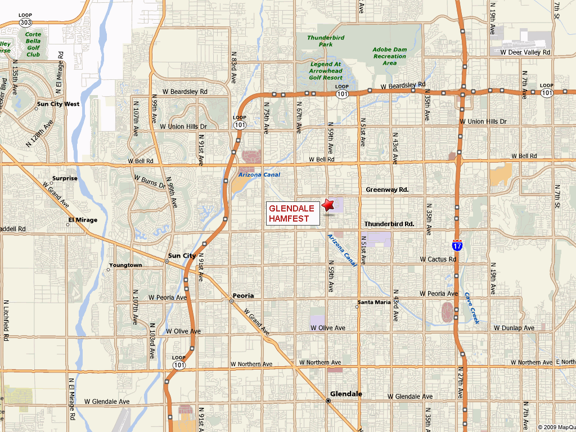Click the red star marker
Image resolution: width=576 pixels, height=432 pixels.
328,205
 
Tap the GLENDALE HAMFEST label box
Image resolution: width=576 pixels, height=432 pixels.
291,213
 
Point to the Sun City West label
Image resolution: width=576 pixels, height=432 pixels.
58,104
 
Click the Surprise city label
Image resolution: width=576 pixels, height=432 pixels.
65,178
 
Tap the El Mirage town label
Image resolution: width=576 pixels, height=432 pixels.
83,220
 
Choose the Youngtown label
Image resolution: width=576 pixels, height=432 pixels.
125,265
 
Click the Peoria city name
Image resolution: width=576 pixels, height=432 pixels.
243,295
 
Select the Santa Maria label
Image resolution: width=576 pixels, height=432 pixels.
374,302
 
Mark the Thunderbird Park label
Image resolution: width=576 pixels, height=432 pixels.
326,40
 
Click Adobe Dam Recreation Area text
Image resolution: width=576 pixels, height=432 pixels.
389,56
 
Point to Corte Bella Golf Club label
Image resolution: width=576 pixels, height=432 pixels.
33,44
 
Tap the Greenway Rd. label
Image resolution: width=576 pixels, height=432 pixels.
387,190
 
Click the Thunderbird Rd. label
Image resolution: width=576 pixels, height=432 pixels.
389,224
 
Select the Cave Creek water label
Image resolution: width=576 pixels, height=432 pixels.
471,308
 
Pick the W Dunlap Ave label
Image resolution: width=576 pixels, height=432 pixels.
514,327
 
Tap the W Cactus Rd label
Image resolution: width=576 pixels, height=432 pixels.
438,259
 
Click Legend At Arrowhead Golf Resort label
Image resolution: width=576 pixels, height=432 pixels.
326,70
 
